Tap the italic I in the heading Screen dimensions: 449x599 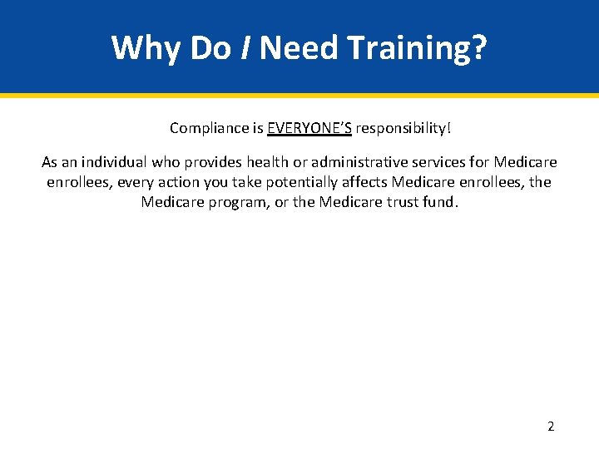[247, 48]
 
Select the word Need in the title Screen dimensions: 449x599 [298, 48]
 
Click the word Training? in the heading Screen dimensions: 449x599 [416, 48]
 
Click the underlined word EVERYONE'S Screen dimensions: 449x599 [309, 128]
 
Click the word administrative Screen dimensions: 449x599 [360, 162]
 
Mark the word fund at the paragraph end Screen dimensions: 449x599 [438, 202]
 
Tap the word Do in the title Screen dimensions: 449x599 [210, 48]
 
